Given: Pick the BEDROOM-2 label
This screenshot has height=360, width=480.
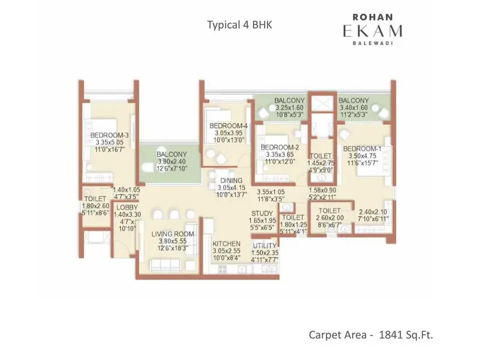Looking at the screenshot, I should click(280, 147).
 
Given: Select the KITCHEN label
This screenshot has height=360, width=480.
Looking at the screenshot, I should click(227, 244).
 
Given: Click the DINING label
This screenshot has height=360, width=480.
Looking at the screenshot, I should click(231, 180).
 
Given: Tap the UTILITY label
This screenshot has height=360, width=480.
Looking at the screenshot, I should click(264, 246).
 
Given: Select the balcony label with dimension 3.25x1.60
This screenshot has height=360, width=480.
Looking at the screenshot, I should click(290, 100).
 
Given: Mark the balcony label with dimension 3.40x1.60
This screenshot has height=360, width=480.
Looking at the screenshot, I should click(353, 100).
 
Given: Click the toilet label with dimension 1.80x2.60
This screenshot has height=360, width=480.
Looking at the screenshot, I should click(95, 199).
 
